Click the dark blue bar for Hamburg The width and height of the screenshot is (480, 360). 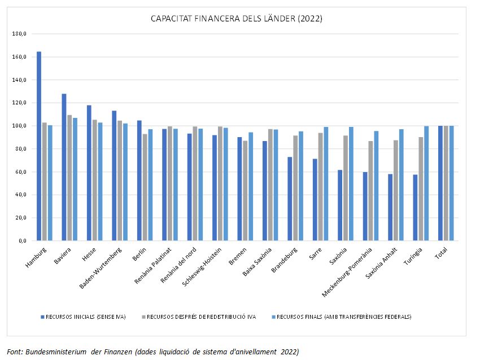click(x=39, y=146)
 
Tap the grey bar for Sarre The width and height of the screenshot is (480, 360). click(x=320, y=187)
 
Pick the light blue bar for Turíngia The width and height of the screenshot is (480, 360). click(x=426, y=183)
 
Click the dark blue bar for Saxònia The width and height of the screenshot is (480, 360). click(x=340, y=205)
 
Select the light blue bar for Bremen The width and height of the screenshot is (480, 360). click(x=250, y=186)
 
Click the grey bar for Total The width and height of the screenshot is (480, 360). click(x=446, y=183)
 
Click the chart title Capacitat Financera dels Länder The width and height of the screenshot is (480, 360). click(x=236, y=19)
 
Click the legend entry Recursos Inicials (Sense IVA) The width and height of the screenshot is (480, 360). click(x=85, y=317)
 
